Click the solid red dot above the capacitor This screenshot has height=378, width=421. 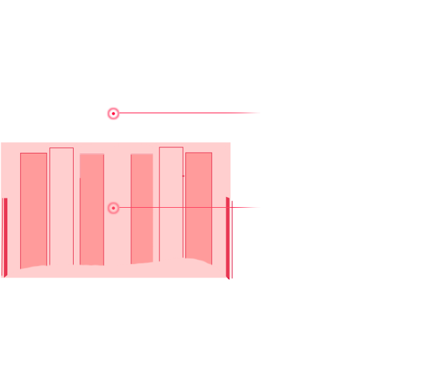pos(113,114)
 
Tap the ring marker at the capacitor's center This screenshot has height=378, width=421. pos(113,208)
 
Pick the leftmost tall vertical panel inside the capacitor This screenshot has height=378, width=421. pos(33,208)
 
